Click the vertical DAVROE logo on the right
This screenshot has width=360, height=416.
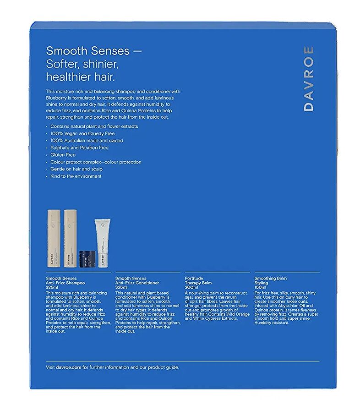tap(309, 78)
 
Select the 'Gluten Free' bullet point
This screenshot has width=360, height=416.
tap(63, 155)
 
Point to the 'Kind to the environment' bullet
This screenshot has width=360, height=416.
tap(76, 176)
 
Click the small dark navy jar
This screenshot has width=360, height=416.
tap(87, 257)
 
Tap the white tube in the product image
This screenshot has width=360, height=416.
tap(103, 242)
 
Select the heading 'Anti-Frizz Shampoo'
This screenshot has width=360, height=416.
tap(65, 283)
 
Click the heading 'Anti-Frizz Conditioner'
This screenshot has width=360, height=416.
tap(137, 283)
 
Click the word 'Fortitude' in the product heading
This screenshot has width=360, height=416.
tap(194, 279)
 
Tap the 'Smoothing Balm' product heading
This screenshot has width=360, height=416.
tap(270, 279)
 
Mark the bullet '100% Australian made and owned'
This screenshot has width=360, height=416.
tap(87, 141)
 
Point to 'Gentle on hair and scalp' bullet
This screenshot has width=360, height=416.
tap(77, 169)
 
